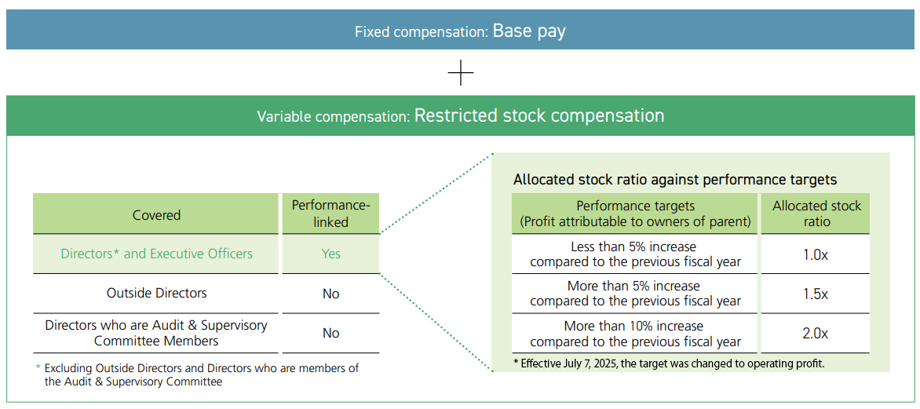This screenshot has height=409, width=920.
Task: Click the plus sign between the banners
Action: pos(461,74)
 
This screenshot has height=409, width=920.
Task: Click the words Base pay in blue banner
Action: pos(528,31)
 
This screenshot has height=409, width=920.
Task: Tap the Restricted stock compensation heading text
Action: pos(538,116)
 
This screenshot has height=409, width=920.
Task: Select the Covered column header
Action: pos(156,215)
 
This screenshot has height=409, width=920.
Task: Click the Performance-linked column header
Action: pos(330,214)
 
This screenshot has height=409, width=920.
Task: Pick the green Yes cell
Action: pos(330,254)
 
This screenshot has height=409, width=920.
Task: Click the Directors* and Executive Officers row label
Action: pos(156,254)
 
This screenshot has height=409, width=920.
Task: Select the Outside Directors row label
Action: pos(156,293)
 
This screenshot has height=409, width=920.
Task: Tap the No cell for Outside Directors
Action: pos(330,294)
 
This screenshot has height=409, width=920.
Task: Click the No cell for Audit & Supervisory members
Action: pos(330,333)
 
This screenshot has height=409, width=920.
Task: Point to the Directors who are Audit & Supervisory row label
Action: pos(156,333)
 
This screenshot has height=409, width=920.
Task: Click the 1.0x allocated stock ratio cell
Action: pos(815,254)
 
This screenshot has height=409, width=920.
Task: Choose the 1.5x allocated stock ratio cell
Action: pos(815,294)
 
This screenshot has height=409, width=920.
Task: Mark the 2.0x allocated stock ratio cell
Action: pos(815,333)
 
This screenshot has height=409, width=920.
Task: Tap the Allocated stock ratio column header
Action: pos(816,214)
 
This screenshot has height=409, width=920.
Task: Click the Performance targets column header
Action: pos(635,214)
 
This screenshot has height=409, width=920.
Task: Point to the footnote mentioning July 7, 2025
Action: pos(669,363)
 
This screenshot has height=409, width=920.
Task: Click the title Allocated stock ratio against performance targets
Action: pos(675,180)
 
